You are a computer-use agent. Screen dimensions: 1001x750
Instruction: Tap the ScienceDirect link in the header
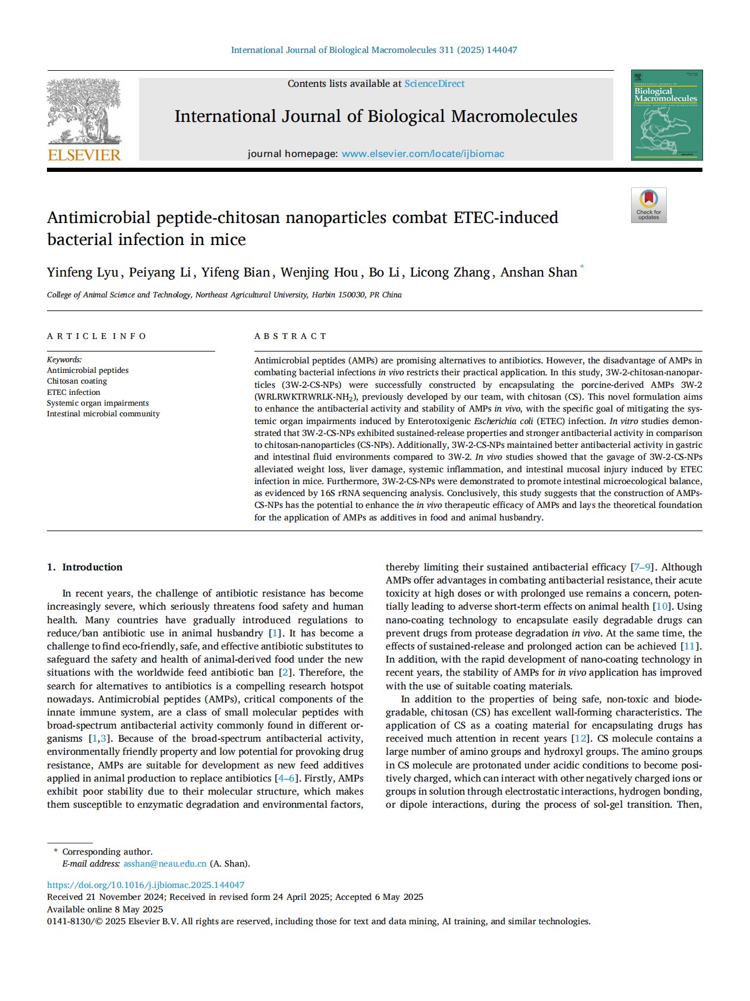[x=434, y=84]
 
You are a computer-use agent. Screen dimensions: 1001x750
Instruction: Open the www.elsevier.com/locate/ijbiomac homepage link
[x=423, y=154]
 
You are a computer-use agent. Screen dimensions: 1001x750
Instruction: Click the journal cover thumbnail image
[x=666, y=115]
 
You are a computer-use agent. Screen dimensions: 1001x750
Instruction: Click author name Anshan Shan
[x=538, y=272]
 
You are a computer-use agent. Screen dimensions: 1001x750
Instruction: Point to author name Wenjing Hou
[x=319, y=272]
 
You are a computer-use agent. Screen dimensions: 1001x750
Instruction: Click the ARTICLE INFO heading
[x=97, y=336]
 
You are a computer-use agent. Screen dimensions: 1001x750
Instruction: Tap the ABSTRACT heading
[x=291, y=336]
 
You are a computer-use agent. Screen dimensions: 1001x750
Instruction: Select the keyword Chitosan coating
[x=77, y=381]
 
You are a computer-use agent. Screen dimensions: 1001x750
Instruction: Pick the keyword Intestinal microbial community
[x=103, y=414]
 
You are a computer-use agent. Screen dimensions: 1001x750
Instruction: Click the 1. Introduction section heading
[x=85, y=567]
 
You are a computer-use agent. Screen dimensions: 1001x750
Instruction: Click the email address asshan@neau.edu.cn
[x=165, y=864]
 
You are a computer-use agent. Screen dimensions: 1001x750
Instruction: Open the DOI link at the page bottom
[x=146, y=885]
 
